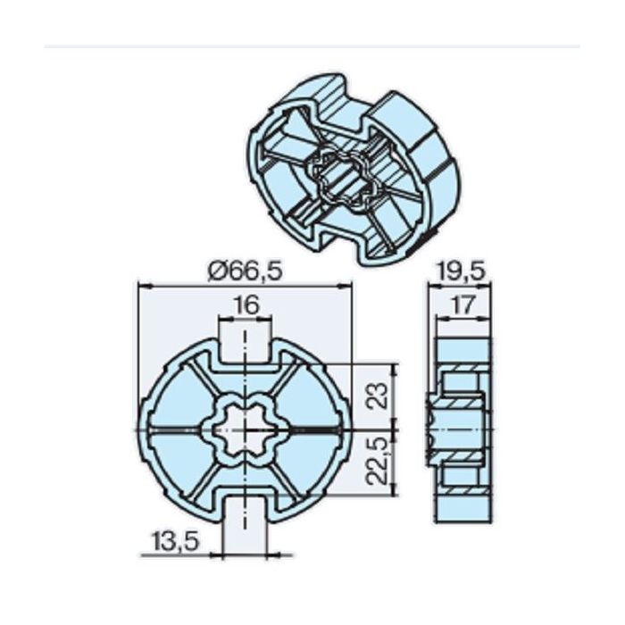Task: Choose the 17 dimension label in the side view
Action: [462, 305]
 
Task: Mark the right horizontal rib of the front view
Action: [312, 430]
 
